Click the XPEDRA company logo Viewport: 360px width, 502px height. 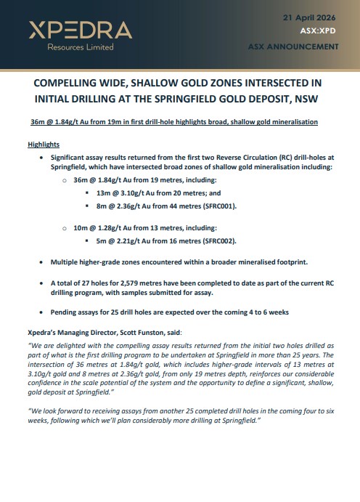(80, 30)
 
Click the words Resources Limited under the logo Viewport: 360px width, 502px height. (71, 47)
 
